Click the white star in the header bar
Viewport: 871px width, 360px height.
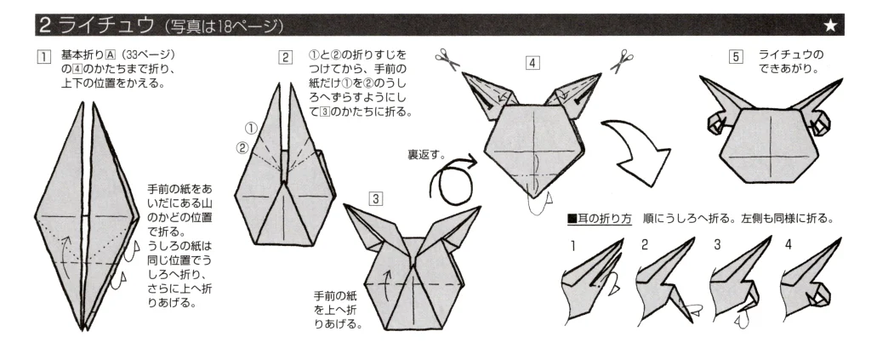tap(830, 26)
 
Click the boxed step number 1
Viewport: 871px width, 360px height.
tap(43, 57)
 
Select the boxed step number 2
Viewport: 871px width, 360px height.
tap(285, 57)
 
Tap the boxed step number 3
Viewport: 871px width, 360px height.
tap(376, 198)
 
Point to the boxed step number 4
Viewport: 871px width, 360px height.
tap(532, 63)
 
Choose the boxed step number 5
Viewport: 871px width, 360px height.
tap(736, 57)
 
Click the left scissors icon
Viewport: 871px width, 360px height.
tap(447, 60)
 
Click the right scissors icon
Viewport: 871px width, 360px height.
tap(622, 60)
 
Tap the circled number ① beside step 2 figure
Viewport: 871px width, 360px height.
tap(251, 129)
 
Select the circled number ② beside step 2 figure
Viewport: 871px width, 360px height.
tap(242, 148)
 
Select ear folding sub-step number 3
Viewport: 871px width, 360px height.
tap(717, 244)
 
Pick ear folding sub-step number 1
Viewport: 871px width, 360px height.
tap(572, 245)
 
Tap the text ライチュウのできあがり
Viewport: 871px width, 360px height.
tap(791, 61)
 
